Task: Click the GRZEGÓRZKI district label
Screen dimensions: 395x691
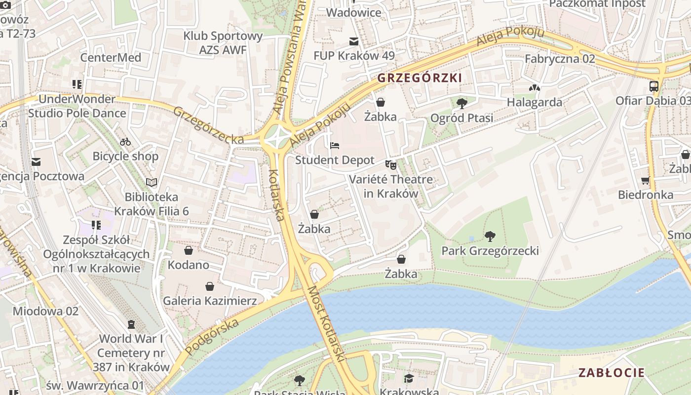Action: pyautogui.click(x=420, y=78)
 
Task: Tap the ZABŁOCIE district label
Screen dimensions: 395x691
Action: pyautogui.click(x=612, y=373)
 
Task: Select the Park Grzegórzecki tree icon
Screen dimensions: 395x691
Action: pyautogui.click(x=490, y=237)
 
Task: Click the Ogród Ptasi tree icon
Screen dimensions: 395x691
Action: pyautogui.click(x=462, y=103)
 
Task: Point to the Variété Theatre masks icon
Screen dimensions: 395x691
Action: pyautogui.click(x=391, y=165)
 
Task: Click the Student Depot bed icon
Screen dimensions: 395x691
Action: pyautogui.click(x=335, y=146)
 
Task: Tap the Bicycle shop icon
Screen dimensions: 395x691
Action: pyautogui.click(x=125, y=142)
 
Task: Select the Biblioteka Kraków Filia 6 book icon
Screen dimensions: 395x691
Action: pyautogui.click(x=152, y=183)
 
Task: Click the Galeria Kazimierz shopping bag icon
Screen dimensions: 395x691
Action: pyautogui.click(x=210, y=286)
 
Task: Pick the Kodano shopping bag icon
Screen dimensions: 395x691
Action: pyautogui.click(x=188, y=250)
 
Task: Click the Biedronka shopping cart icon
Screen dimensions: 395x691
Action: pyautogui.click(x=646, y=180)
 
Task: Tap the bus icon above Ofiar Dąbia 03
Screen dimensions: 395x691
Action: pyautogui.click(x=653, y=86)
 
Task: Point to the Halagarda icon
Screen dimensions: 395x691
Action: pyautogui.click(x=535, y=88)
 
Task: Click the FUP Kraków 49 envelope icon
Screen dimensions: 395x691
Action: pyautogui.click(x=354, y=41)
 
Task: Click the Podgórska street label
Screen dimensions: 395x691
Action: pyautogui.click(x=213, y=336)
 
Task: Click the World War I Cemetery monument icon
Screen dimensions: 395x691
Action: pyautogui.click(x=131, y=324)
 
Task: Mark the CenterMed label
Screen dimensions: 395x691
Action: pyautogui.click(x=111, y=58)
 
